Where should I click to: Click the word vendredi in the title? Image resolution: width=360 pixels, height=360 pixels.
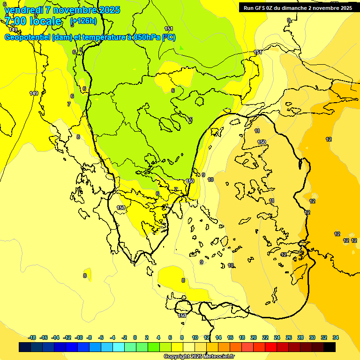click(x=23, y=10)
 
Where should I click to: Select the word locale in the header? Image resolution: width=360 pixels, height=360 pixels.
click(x=45, y=21)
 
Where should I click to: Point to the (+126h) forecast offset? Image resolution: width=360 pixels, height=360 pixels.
click(x=83, y=21)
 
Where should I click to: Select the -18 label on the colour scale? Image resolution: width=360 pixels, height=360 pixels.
click(x=32, y=337)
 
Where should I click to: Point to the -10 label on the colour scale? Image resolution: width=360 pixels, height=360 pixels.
click(x=79, y=337)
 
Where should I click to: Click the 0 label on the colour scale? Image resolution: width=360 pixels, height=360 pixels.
click(x=135, y=337)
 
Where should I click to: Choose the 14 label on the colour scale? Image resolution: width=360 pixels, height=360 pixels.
click(x=218, y=337)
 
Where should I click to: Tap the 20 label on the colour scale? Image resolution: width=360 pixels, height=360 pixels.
click(x=254, y=337)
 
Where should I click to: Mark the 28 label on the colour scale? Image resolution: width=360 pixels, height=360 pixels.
click(x=300, y=337)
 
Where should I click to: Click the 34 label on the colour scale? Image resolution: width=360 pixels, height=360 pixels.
click(x=336, y=337)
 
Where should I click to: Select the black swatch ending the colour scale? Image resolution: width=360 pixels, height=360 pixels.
click(x=330, y=347)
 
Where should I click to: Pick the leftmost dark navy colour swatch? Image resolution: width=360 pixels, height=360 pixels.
click(x=25, y=347)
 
